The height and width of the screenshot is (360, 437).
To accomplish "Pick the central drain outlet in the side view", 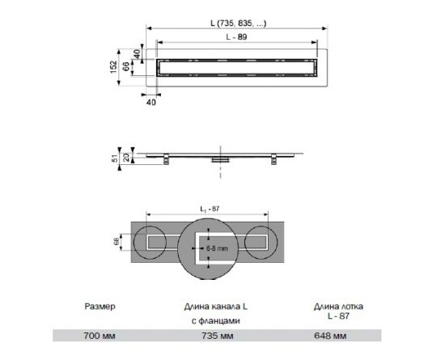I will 217,159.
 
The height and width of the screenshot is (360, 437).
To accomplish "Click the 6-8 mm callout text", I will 218,241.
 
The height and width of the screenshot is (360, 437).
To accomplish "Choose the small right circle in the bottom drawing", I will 262,242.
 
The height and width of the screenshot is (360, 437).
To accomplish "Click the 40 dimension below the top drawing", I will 151,101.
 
